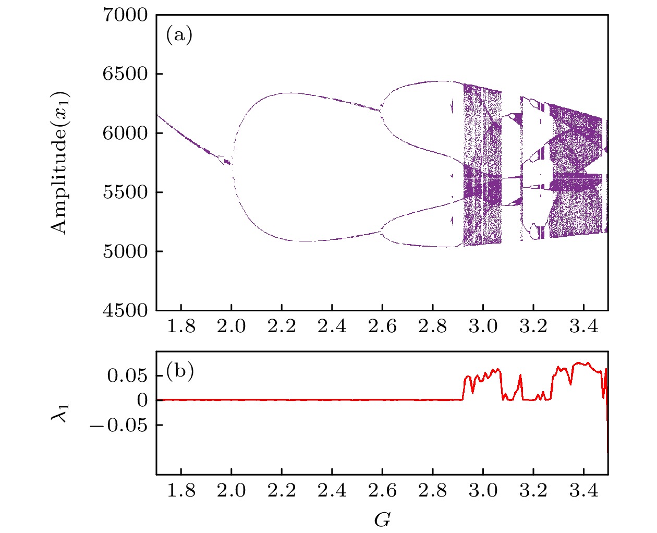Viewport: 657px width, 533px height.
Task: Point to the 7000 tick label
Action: (126, 15)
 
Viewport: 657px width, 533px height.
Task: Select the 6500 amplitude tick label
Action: (126, 74)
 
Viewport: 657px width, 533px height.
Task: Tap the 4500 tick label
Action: (126, 310)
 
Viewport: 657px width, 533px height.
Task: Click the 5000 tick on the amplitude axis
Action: (126, 251)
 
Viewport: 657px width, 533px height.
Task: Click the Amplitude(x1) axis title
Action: (60, 163)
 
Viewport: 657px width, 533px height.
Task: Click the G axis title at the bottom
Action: (382, 519)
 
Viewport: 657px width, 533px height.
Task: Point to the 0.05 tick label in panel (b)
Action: (128, 375)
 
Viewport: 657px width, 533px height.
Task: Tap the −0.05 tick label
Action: (119, 426)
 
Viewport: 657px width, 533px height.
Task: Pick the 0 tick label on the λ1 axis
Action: (142, 401)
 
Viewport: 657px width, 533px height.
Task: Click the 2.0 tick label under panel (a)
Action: (231, 327)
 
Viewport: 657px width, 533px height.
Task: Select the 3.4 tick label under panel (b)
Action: (583, 491)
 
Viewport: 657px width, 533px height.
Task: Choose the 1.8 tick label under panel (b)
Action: (181, 491)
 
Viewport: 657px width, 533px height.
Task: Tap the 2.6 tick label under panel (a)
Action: (382, 327)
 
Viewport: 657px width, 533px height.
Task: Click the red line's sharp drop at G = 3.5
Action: (607, 433)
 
